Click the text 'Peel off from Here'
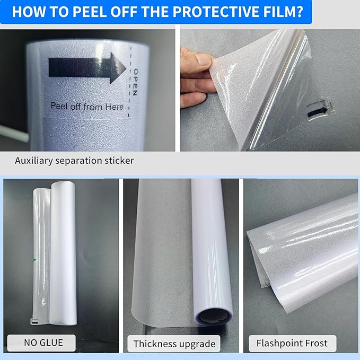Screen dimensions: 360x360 coord(87,106)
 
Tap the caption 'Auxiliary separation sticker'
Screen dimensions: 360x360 coord(74,160)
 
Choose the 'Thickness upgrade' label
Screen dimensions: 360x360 coord(174,344)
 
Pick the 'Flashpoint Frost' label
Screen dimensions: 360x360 coord(292,343)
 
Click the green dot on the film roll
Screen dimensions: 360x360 coord(33,259)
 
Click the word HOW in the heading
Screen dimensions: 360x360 coord(29,12)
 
